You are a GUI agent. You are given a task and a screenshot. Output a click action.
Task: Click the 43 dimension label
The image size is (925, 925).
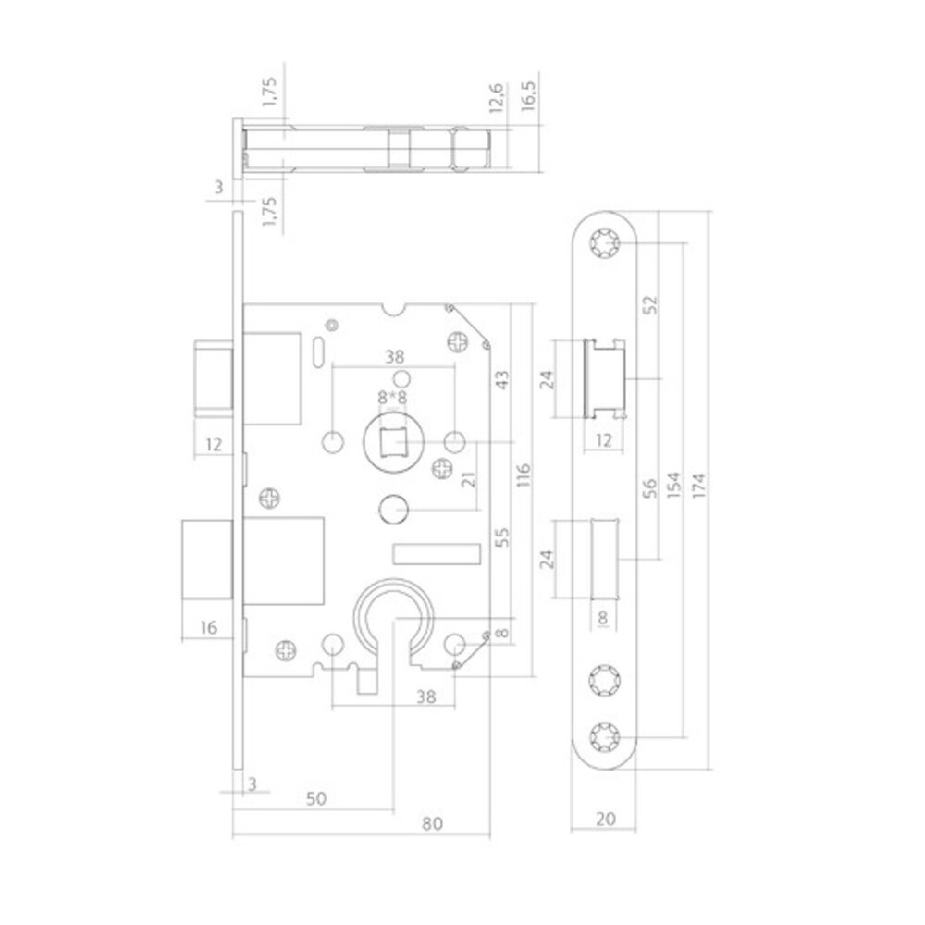click(x=499, y=380)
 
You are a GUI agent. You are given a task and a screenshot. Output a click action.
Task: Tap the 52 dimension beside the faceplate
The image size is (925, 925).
click(x=649, y=304)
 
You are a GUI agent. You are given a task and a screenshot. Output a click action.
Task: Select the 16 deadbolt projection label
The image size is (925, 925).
click(x=209, y=627)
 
